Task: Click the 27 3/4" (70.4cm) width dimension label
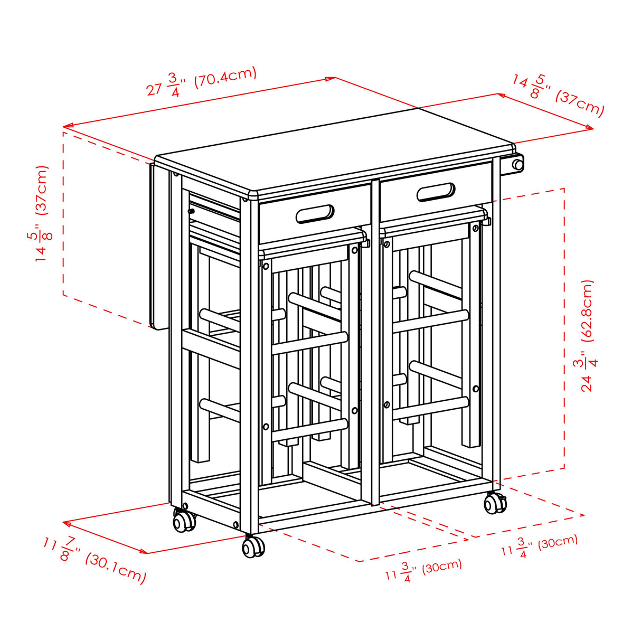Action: point(202,82)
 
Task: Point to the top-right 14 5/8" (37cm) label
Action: point(558,95)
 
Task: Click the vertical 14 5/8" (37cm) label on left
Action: point(41,213)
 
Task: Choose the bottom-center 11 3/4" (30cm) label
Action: point(423,569)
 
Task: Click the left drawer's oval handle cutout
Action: point(315,214)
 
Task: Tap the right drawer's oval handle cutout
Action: point(436,192)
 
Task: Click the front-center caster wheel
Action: point(253,547)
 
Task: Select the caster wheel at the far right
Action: point(495,504)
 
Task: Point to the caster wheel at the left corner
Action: point(184,522)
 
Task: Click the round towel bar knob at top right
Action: point(518,165)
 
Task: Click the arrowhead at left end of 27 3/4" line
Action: point(65,127)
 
